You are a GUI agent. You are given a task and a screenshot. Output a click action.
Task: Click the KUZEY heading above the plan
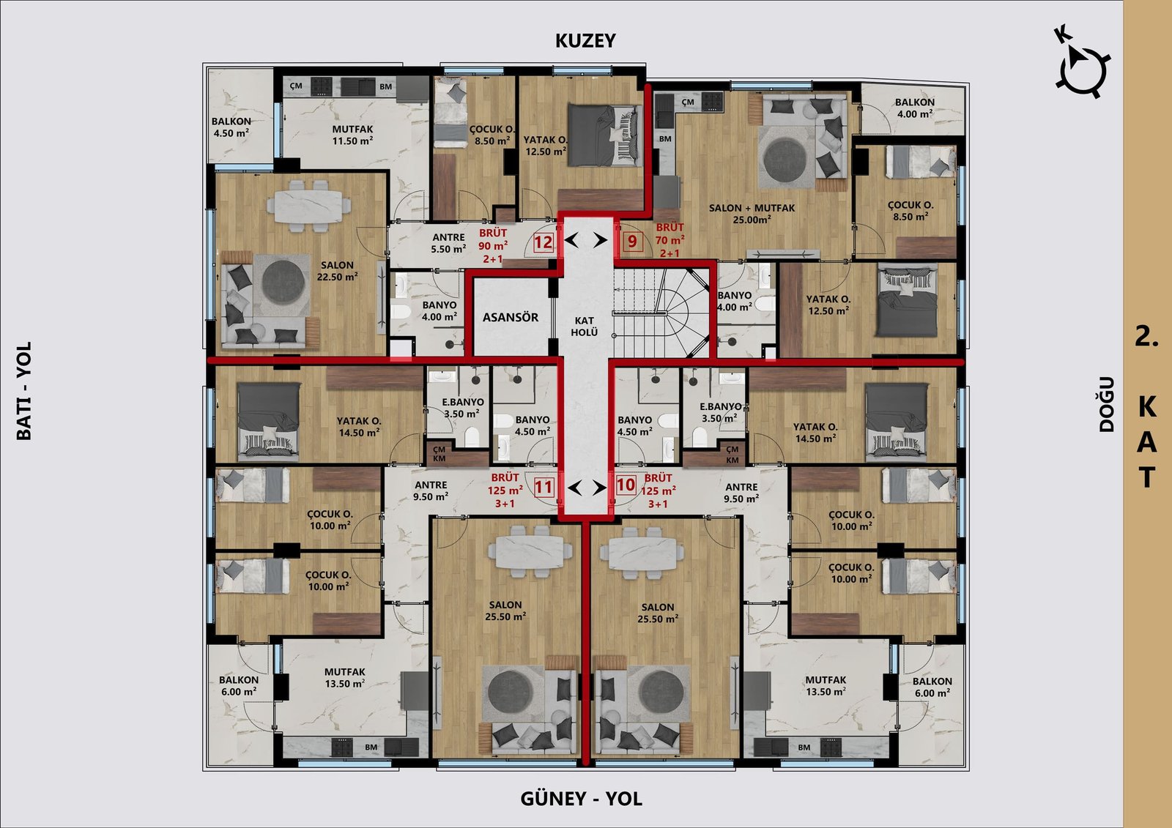pos(585,40)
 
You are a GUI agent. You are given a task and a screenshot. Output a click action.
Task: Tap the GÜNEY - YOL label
pos(581,799)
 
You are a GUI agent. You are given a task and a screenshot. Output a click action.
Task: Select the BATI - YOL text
pos(24,391)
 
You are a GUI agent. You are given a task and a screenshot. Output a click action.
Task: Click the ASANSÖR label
pos(510,317)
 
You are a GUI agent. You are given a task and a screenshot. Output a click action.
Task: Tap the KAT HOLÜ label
pos(585,327)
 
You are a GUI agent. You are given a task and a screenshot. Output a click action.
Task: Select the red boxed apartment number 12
pos(543,242)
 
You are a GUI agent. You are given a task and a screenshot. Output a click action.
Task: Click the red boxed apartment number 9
pos(633,241)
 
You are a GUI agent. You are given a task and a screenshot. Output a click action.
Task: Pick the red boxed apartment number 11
pos(543,488)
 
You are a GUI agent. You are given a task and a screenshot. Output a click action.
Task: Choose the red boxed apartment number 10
pos(626,485)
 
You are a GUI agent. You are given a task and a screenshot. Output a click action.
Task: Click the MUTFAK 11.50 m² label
pos(352,135)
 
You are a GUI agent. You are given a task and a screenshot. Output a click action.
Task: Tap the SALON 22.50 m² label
pos(338,271)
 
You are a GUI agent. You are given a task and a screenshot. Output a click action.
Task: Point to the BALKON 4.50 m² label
pos(231,127)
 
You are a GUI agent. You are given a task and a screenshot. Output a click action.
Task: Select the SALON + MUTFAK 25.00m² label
pos(752,214)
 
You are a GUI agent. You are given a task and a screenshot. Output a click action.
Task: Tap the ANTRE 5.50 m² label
pos(448,243)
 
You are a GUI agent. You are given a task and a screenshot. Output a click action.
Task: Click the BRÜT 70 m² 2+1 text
pos(670,240)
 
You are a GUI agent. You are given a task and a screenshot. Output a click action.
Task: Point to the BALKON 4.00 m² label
pos(915,108)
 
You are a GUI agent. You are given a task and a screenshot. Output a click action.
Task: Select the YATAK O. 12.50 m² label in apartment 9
pos(828,305)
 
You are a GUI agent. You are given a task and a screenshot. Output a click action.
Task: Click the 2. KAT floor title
pos(1147,406)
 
